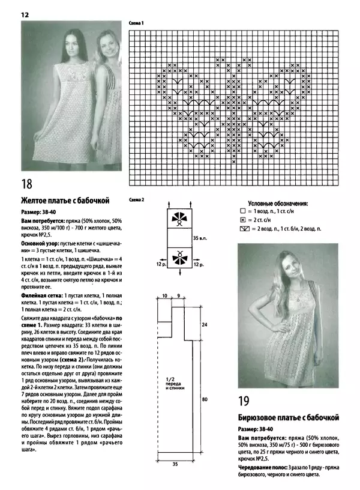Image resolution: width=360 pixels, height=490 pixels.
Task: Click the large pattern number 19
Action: (246, 401)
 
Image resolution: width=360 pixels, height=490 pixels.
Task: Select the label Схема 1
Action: (137, 23)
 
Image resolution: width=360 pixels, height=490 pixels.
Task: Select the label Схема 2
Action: (137, 199)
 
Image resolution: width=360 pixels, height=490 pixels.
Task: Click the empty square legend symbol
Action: (242, 212)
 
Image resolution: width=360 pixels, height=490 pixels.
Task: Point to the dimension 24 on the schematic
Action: (205, 324)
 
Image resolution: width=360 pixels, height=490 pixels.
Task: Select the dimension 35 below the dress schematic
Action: (175, 464)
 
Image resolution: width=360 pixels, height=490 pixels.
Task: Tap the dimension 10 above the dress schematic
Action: (164, 296)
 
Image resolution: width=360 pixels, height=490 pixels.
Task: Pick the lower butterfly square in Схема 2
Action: (178, 258)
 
